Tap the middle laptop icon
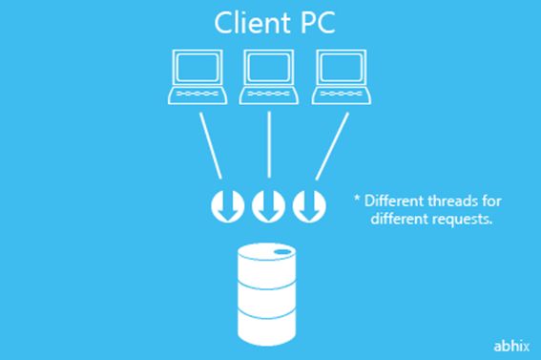(x=269, y=76)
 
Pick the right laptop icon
(x=342, y=76)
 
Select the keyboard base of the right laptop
(x=342, y=95)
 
